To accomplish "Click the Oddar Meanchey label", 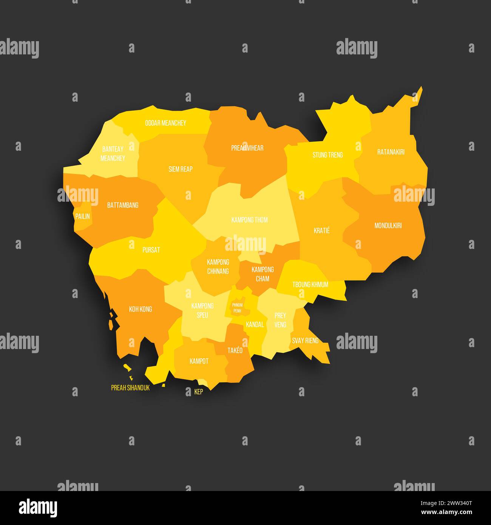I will coord(165,123).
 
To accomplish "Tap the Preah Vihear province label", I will coord(247,148).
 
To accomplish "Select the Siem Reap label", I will coord(181,169).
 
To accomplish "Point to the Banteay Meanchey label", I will coord(113,153).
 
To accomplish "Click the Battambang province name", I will coord(123,205).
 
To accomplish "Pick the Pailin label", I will coord(82,216).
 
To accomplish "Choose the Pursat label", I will coord(151,250).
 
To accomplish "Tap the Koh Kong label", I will coord(141,309).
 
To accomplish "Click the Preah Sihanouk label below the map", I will coord(130,388).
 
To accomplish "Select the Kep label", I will coord(199,392).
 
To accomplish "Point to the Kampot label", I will coord(199,361).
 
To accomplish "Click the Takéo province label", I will coord(235,351).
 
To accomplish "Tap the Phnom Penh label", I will coord(237,308).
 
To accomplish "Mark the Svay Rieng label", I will coord(305,341).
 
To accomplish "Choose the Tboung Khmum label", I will coord(310,285).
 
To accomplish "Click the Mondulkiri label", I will coord(388,226).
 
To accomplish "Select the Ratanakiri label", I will coord(391,152).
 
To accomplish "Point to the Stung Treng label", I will coord(327,155).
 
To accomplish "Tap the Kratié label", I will coord(322,230).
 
